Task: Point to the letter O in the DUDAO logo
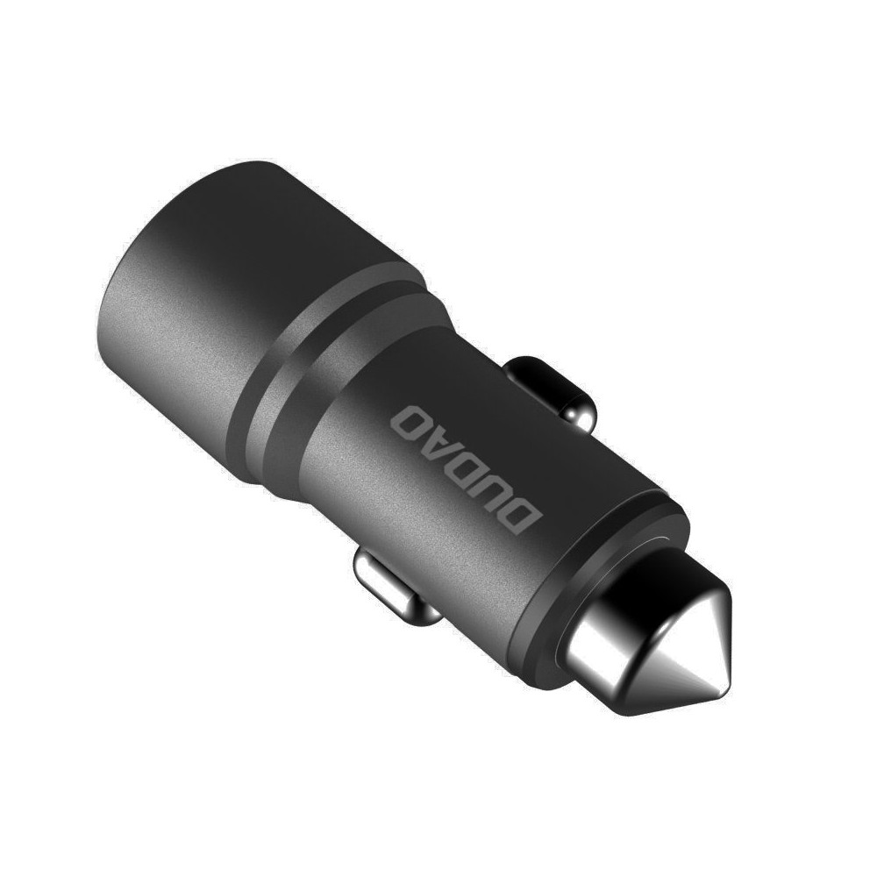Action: click(x=412, y=419)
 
